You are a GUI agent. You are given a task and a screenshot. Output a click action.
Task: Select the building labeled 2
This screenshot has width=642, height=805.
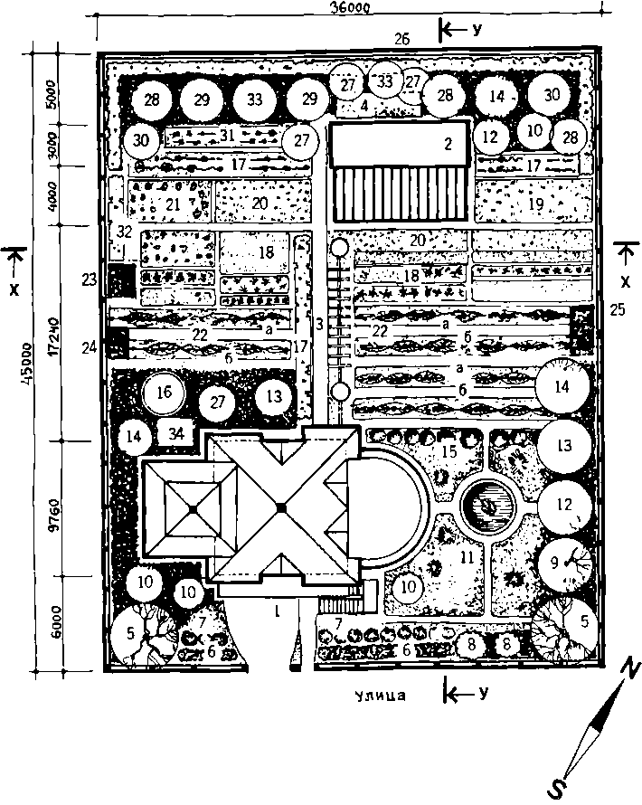coord(399,146)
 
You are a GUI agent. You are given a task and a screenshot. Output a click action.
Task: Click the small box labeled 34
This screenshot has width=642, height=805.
coord(178,432)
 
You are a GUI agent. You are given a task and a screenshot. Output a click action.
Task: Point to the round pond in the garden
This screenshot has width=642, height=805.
coord(487,505)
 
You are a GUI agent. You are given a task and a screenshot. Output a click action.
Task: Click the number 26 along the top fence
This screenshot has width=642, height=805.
coord(401,39)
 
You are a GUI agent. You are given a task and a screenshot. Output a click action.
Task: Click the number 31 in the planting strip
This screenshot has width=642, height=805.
coord(225,135)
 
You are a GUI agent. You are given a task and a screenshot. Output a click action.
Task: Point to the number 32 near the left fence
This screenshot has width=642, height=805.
coord(124,233)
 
